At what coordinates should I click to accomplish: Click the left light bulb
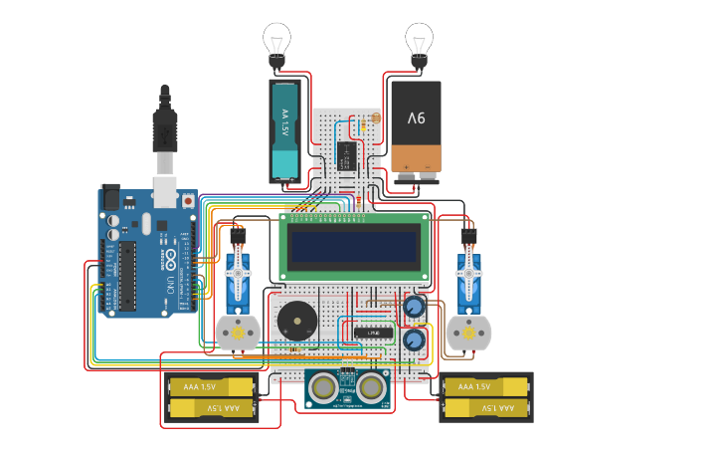277,41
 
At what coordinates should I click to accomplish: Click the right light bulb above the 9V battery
419,41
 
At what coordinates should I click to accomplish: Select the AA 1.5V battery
285,129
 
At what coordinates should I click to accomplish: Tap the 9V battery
416,127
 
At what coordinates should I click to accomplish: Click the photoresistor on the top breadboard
375,118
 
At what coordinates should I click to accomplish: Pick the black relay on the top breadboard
347,154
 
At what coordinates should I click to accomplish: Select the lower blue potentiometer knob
414,340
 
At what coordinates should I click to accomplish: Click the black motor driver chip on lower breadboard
374,332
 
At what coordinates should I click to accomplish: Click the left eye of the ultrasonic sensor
323,385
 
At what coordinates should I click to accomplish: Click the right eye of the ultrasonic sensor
372,385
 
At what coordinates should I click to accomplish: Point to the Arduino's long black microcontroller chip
128,275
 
